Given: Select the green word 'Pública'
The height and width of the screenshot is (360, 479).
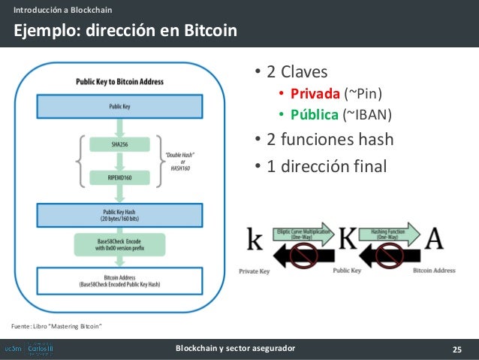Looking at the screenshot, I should coord(315,115).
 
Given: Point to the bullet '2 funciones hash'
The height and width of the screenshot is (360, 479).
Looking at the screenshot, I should coord(328,141).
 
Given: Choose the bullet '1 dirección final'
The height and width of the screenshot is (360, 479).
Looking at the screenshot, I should coord(328,166).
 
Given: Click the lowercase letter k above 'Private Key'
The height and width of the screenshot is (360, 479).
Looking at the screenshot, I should coord(255,241).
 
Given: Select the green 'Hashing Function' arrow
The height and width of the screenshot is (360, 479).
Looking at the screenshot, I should coord(389,233).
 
